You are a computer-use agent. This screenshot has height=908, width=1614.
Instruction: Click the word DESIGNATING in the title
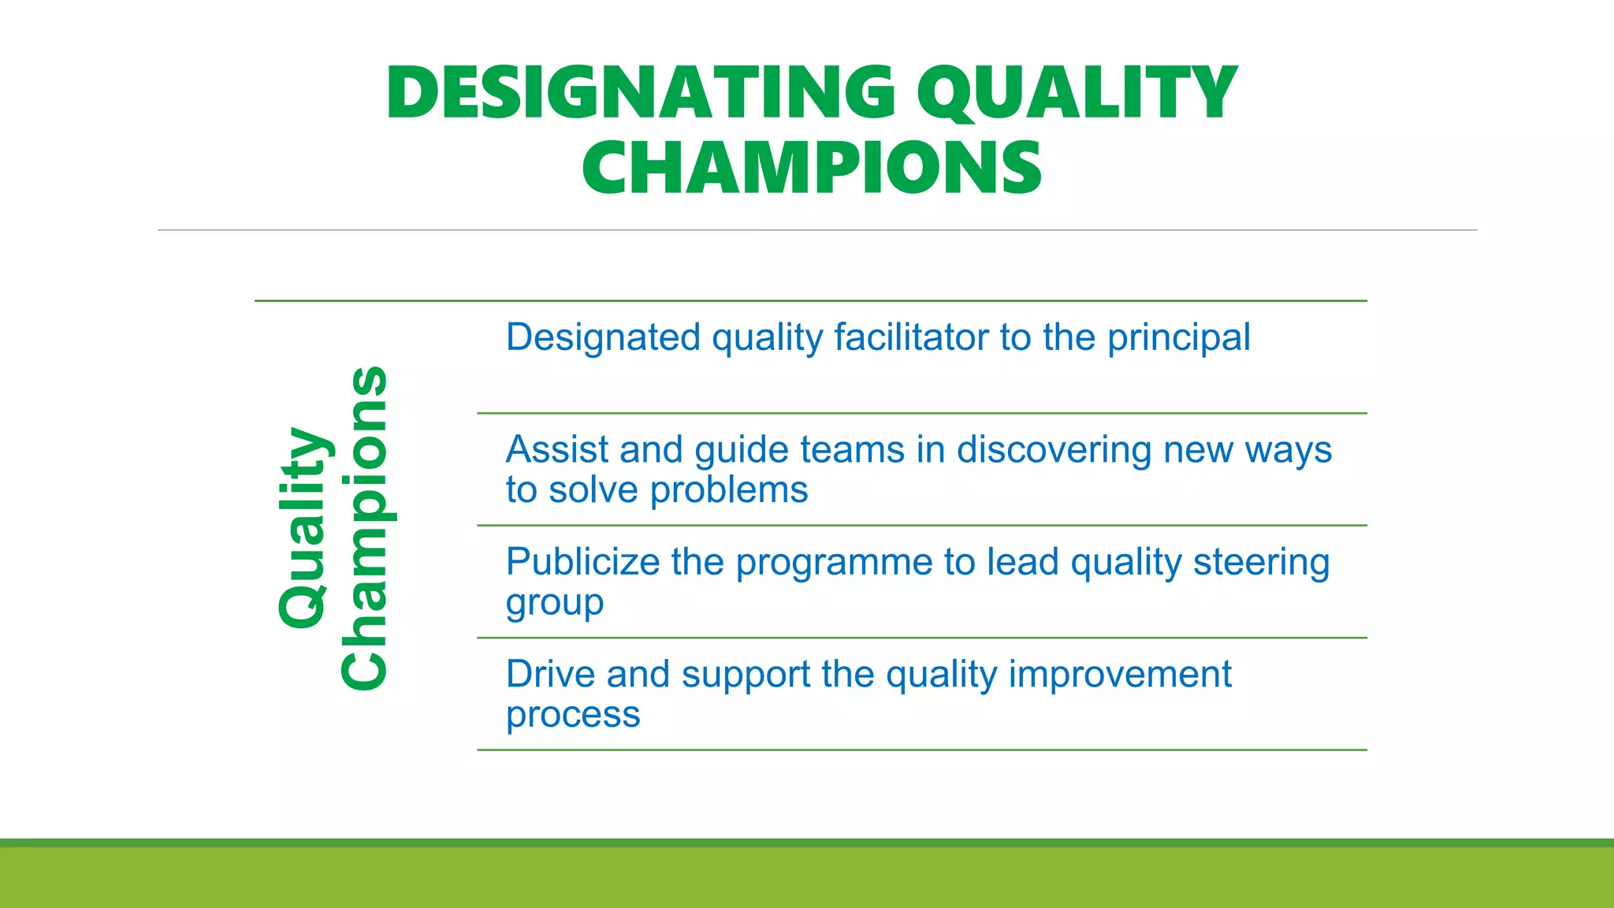click(640, 93)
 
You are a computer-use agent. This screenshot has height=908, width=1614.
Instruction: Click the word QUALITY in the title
click(1077, 93)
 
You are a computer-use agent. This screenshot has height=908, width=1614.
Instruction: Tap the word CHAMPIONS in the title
click(812, 168)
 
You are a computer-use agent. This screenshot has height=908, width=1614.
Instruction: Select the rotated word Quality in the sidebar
click(303, 528)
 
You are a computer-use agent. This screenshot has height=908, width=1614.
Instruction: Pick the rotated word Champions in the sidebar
click(364, 528)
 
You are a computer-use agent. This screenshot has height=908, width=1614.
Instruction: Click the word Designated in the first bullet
click(603, 337)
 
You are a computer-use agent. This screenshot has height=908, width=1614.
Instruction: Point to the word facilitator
click(910, 337)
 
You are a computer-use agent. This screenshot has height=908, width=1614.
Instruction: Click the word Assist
click(557, 450)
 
